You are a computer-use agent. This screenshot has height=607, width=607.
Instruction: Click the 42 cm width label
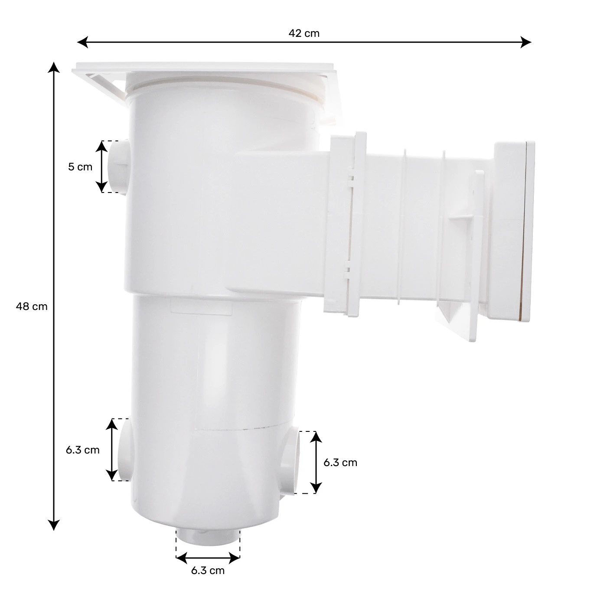coord(304,33)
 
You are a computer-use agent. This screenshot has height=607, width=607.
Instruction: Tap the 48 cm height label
coord(32,307)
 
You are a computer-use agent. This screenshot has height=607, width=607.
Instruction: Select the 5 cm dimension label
coord(80,166)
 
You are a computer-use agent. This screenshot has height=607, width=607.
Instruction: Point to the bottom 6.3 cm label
coord(208,570)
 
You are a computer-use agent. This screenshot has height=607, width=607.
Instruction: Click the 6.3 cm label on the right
coord(340,463)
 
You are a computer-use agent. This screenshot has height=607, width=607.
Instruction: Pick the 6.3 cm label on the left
coord(83,450)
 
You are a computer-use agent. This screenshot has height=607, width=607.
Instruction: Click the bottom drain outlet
coord(208,538)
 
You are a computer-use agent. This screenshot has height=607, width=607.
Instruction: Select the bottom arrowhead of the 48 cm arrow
coord(53,525)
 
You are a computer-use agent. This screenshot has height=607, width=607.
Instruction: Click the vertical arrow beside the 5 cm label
coord(101,166)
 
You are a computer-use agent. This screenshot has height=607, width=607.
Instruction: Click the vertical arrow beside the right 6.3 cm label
coord(316,462)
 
